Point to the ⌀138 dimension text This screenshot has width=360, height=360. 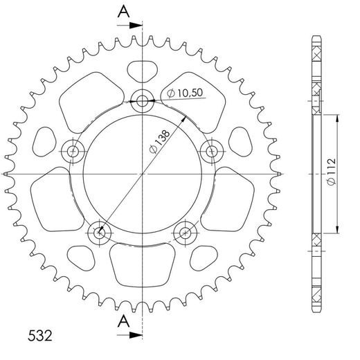(x=161, y=141)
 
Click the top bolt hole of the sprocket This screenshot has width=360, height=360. (x=143, y=102)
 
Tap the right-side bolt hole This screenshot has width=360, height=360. (x=213, y=149)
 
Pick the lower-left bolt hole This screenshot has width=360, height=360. (x=100, y=232)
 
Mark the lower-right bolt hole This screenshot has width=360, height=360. (x=186, y=232)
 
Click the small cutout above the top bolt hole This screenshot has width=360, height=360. (x=143, y=70)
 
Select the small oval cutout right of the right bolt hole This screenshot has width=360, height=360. (x=240, y=141)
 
